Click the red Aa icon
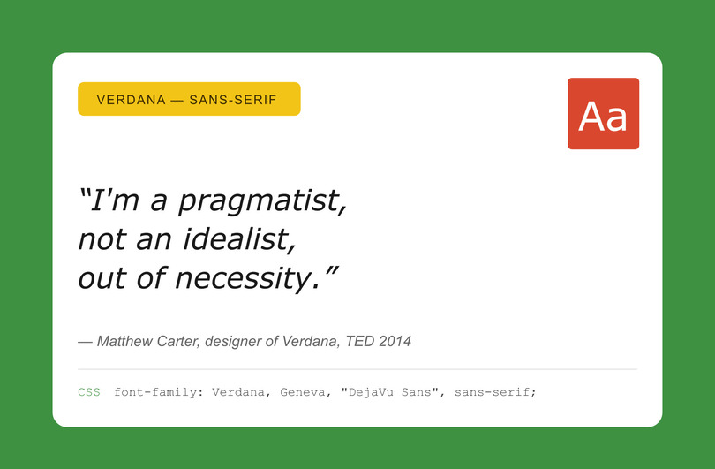click(x=603, y=114)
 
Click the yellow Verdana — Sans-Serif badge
click(x=189, y=99)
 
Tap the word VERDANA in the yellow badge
click(x=131, y=99)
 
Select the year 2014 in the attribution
click(x=395, y=341)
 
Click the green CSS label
click(x=89, y=391)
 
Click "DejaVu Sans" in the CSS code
click(x=393, y=391)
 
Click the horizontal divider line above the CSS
click(x=357, y=369)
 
